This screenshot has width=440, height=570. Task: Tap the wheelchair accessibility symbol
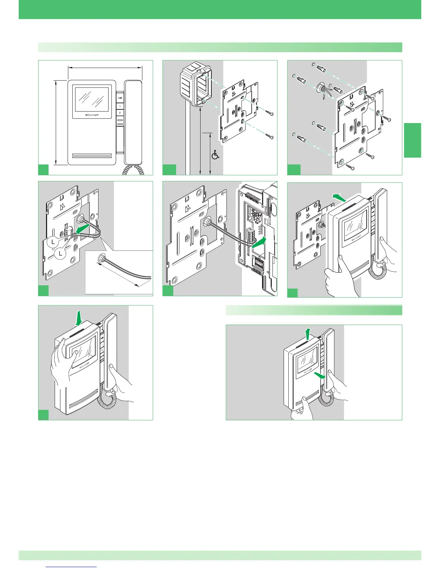click(215, 155)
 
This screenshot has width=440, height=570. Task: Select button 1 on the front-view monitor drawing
click(120, 107)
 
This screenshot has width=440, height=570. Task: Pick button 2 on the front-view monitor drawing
click(120, 113)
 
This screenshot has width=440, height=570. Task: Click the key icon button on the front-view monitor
click(120, 97)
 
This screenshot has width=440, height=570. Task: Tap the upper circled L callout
click(53, 242)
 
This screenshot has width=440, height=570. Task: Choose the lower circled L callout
click(61, 254)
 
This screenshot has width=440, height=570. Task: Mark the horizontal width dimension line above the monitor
click(105, 67)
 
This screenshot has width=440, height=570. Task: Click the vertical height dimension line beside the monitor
click(56, 122)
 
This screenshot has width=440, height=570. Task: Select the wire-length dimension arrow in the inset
click(119, 275)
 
